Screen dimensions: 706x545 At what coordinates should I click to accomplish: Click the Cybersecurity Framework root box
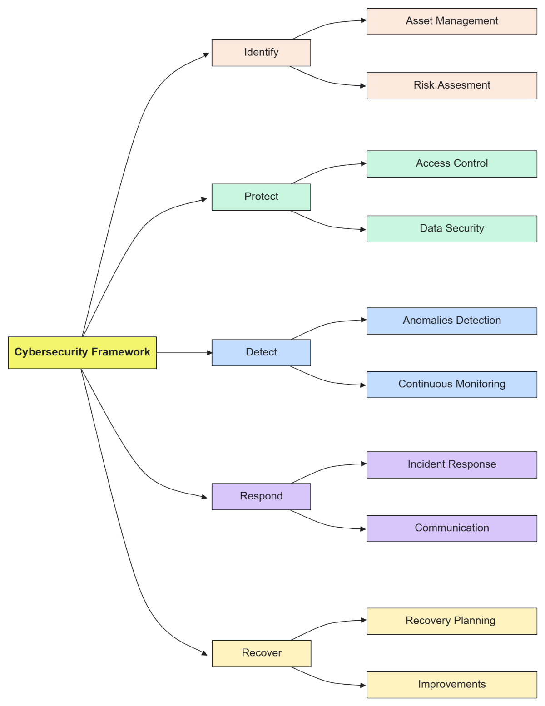82,353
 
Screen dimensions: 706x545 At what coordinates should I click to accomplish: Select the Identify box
261,53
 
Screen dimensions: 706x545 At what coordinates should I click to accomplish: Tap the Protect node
261,197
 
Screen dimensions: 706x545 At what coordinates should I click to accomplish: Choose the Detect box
261,353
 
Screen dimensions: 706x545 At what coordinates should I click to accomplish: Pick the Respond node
261,497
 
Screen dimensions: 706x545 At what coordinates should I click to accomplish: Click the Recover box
262,653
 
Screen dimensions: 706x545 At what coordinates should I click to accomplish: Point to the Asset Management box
451,21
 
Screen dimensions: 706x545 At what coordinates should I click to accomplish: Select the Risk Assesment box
451,86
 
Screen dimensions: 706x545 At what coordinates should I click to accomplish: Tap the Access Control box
451,164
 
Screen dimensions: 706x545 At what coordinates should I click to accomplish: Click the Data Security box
451,229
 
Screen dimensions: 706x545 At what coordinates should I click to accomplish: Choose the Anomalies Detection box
451,321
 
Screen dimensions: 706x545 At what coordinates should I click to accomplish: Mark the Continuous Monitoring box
451,385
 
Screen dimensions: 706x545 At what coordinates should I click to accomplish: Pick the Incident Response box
451,465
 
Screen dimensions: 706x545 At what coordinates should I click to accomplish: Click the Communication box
451,528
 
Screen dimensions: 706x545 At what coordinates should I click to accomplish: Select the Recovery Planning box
451,621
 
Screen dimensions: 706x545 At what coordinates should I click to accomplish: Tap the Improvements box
451,685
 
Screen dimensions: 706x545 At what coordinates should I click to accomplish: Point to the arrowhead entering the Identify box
206,55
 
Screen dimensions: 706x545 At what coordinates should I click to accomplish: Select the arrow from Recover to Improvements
327,681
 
